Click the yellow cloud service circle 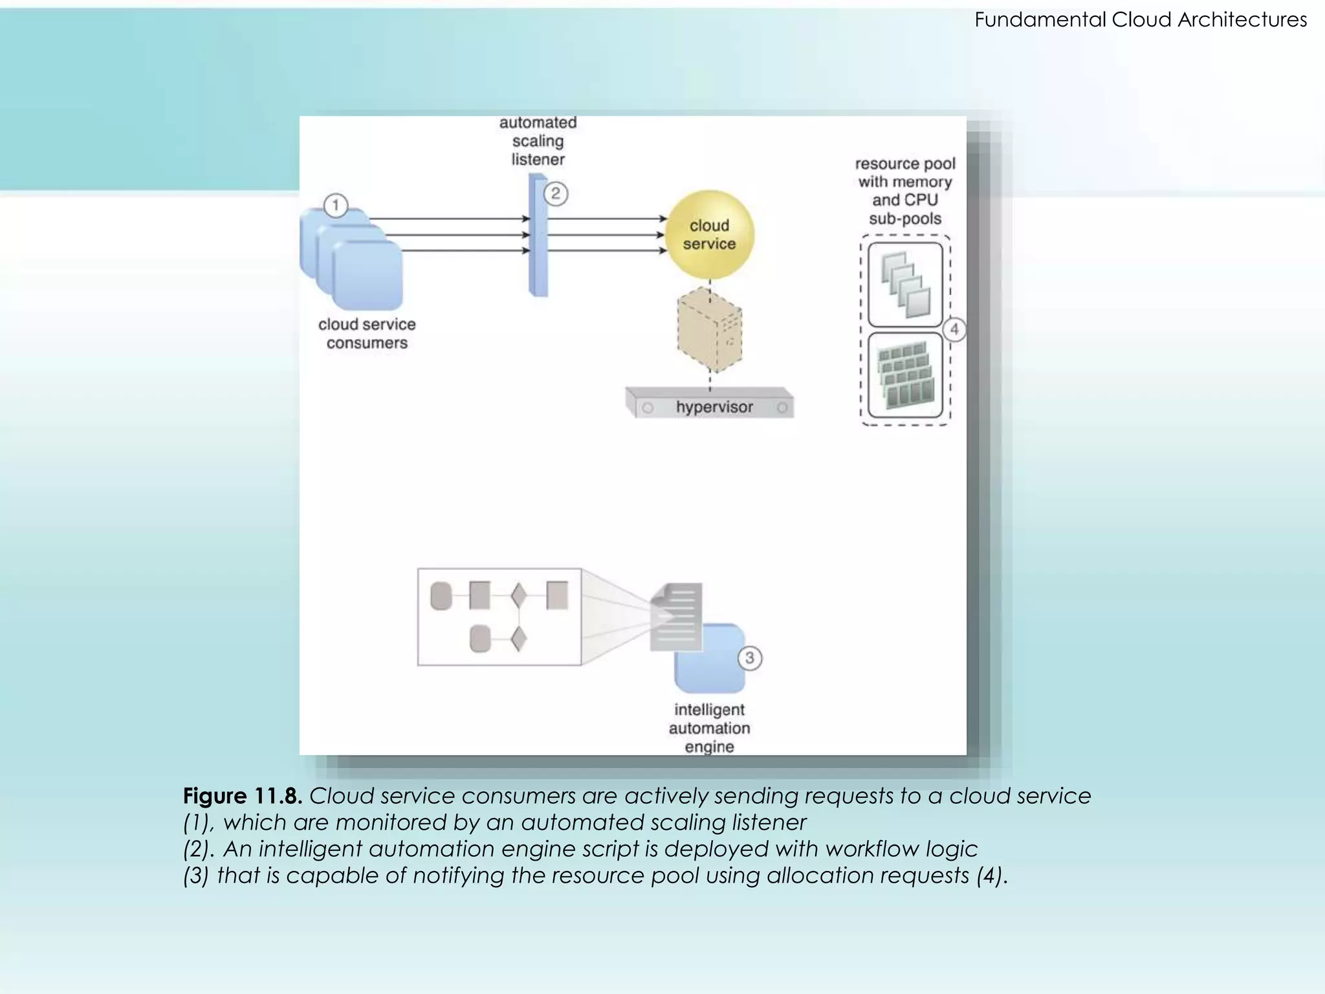pyautogui.click(x=710, y=234)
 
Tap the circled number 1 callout pyautogui.click(x=335, y=206)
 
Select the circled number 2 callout pyautogui.click(x=556, y=193)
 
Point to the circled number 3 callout pyautogui.click(x=750, y=658)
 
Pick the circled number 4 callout pyautogui.click(x=954, y=329)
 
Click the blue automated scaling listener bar pyautogui.click(x=538, y=236)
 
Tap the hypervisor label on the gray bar pyautogui.click(x=714, y=407)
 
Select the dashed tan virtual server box pyautogui.click(x=710, y=330)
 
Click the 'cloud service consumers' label pyautogui.click(x=367, y=333)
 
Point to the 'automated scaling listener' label pyautogui.click(x=538, y=141)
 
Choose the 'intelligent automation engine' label pyautogui.click(x=709, y=728)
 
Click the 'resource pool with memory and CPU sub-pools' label pyautogui.click(x=905, y=191)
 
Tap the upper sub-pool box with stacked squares pyautogui.click(x=905, y=285)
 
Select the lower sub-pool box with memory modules pyautogui.click(x=905, y=375)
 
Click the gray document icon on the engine pyautogui.click(x=677, y=615)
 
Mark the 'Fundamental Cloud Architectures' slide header pyautogui.click(x=1141, y=19)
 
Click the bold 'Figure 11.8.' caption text pyautogui.click(x=243, y=796)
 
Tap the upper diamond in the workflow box pyautogui.click(x=518, y=595)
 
